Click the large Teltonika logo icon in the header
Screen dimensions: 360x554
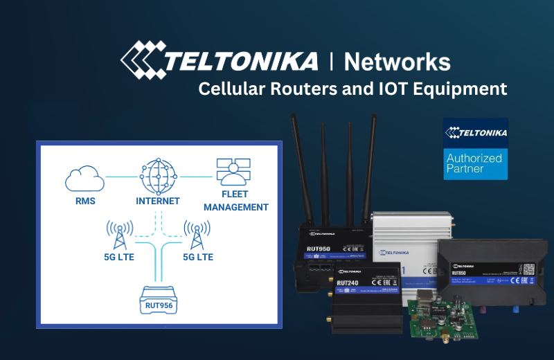point(143,58)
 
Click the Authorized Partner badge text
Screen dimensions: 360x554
point(474,163)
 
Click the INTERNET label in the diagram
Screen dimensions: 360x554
point(158,201)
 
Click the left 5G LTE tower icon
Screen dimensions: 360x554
point(120,235)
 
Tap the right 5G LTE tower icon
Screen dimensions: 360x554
point(197,235)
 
